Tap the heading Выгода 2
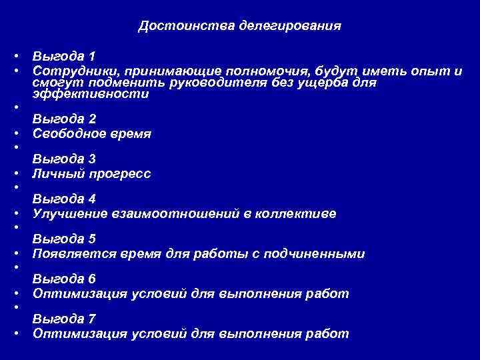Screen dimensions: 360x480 coord(64,119)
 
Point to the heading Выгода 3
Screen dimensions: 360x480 coord(64,159)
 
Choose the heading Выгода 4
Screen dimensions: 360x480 coord(64,199)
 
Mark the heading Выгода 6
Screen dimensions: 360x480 coord(64,279)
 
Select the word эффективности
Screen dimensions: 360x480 coord(90,95)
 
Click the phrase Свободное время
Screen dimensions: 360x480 coord(92,133)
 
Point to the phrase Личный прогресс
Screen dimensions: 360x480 coord(92,173)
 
